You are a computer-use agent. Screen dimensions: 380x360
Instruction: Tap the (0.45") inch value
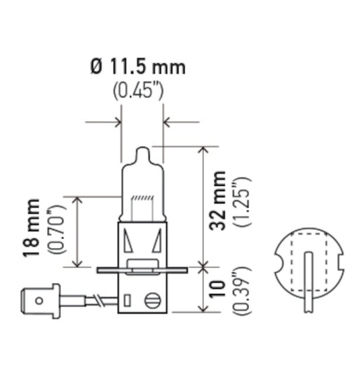pos(137,90)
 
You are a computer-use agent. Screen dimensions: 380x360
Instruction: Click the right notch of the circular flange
pos(340,261)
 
